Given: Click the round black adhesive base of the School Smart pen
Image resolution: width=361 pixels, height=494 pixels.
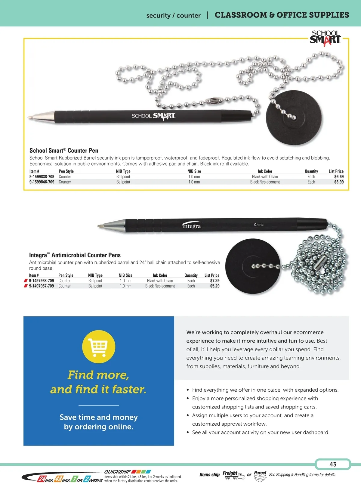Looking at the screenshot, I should pyautogui.click(x=294, y=118).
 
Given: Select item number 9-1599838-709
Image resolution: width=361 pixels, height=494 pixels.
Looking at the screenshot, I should pyautogui.click(x=42, y=177).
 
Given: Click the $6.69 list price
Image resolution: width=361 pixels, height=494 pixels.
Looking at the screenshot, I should pyautogui.click(x=339, y=177).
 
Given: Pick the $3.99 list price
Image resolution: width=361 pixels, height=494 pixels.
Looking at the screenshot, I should pyautogui.click(x=339, y=182).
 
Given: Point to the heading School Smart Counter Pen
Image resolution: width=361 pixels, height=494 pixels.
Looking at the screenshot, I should pyautogui.click(x=64, y=151).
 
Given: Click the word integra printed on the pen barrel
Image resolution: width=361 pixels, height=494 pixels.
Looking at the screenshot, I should pyautogui.click(x=191, y=226).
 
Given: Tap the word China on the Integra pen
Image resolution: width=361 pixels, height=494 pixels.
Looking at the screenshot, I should pyautogui.click(x=258, y=225).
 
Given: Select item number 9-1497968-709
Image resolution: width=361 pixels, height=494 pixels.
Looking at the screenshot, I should pyautogui.click(x=42, y=281).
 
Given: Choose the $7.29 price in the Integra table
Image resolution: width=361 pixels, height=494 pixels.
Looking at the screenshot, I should pyautogui.click(x=215, y=281).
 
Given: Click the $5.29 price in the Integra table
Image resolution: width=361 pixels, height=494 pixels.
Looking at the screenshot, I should pyautogui.click(x=215, y=286).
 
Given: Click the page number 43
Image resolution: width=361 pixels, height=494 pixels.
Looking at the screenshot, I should pyautogui.click(x=333, y=464).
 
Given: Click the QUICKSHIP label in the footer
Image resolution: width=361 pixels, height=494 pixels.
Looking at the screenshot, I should pyautogui.click(x=117, y=472).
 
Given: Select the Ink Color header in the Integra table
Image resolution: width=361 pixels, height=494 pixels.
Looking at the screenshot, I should pyautogui.click(x=160, y=275).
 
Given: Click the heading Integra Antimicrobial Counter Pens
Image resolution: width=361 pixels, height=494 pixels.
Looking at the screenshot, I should pyautogui.click(x=75, y=255).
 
